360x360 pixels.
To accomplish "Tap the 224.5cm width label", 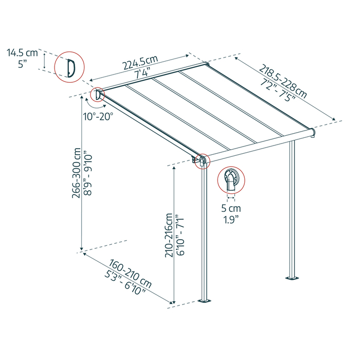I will click(139, 61).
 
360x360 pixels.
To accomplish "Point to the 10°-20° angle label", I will click(98, 116).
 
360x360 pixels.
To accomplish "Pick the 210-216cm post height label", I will click(168, 228).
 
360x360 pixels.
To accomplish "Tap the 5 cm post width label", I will click(231, 209).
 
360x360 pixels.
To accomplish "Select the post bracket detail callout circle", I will click(231, 180).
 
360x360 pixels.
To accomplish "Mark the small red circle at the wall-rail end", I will click(97, 94).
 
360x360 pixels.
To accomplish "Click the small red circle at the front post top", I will click(202, 161).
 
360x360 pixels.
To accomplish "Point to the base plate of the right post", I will click(292, 278).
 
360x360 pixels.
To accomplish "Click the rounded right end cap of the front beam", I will click(313, 134).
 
